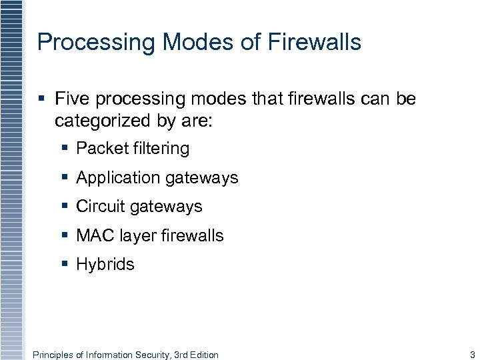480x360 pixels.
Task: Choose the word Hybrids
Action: click(105, 265)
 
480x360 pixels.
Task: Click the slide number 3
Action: click(472, 355)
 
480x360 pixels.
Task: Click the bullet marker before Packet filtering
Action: click(65, 149)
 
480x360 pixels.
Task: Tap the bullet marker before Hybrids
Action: click(65, 265)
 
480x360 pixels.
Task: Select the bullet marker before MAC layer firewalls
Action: click(65, 235)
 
